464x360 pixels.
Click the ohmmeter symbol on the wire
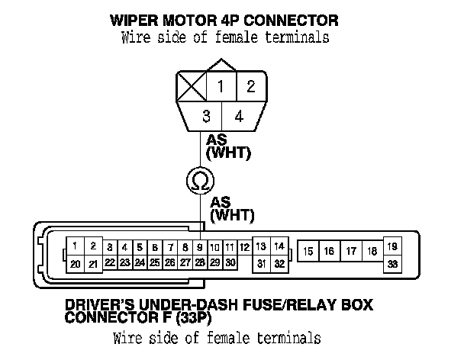[201, 181]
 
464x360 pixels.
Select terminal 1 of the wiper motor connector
[221, 86]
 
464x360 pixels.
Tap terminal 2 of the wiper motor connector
[251, 86]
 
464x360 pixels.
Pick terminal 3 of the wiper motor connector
[206, 117]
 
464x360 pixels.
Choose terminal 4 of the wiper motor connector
[239, 117]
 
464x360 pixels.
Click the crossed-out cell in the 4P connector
[191, 86]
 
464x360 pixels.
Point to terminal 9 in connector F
[200, 247]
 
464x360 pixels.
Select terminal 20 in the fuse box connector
[76, 264]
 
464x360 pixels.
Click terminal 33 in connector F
[393, 264]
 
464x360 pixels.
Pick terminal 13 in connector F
[261, 247]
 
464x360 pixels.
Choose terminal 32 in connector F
[279, 264]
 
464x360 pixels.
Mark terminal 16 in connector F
[328, 251]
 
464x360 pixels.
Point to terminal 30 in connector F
[230, 262]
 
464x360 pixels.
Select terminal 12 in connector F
[243, 247]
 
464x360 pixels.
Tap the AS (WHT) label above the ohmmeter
[229, 146]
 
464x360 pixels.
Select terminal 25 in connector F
[155, 262]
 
